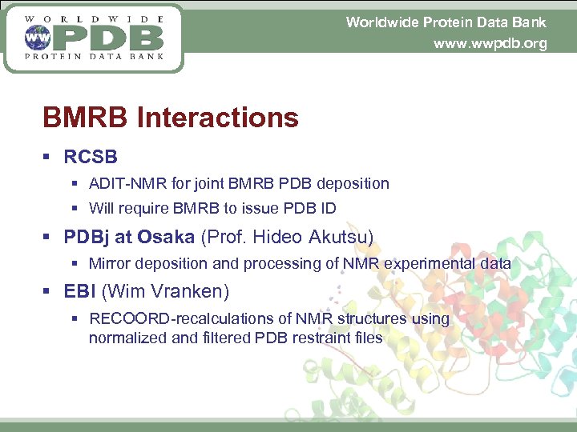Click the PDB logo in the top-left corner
click(x=94, y=38)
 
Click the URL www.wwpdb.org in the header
click(x=490, y=43)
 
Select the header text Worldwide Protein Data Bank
click(x=446, y=22)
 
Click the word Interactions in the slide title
click(x=218, y=118)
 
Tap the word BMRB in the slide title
click(x=86, y=118)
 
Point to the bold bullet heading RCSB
click(x=91, y=157)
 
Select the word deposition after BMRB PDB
click(x=353, y=183)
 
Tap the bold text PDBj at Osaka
click(x=129, y=237)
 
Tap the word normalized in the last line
click(x=127, y=338)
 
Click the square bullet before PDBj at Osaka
click(x=49, y=238)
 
